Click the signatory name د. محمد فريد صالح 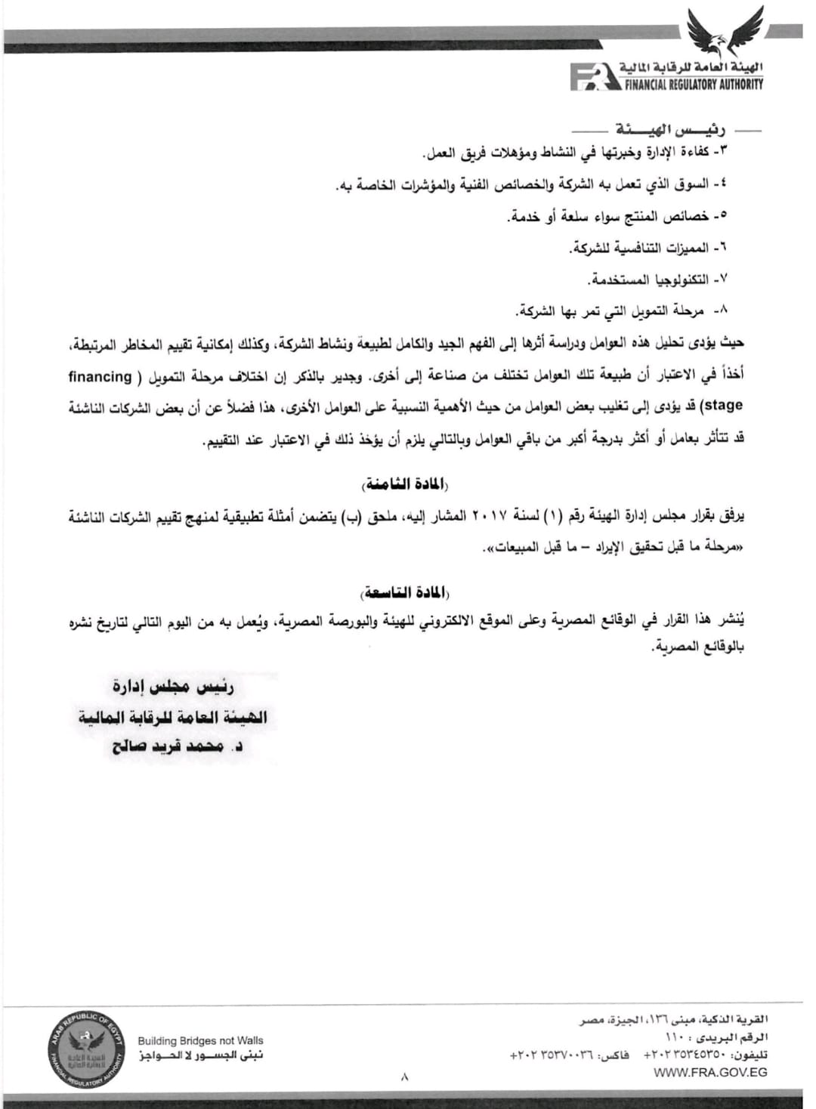click(x=178, y=747)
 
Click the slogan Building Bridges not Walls click(x=200, y=1040)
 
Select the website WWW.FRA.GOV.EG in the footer click(x=710, y=1071)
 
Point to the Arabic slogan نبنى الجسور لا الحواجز click(x=200, y=1055)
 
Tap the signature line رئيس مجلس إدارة click(x=174, y=687)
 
